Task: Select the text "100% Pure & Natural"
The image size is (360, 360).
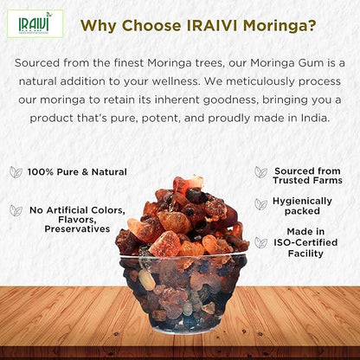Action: point(77,172)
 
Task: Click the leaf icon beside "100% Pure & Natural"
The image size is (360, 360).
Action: point(16,172)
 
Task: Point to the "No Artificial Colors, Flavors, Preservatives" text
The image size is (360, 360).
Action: point(77,219)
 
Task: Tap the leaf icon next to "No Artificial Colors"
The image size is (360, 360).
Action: point(16,209)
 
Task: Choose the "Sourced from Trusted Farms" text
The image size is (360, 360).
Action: point(308,176)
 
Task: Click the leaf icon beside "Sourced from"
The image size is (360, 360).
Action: point(260,172)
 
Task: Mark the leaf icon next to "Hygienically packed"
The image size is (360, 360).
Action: point(260,204)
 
